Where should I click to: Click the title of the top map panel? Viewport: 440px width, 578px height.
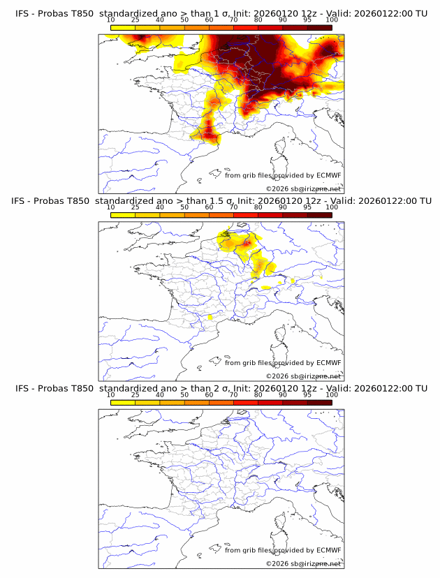[x=221, y=13]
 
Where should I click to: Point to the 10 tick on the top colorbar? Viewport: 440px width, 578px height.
[x=110, y=20]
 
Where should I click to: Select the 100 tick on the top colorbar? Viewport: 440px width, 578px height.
[x=332, y=20]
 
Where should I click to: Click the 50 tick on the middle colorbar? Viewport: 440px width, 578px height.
[x=184, y=207]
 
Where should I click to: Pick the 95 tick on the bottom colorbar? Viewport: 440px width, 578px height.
[x=307, y=395]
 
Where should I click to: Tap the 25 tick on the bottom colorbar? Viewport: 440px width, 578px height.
[x=135, y=395]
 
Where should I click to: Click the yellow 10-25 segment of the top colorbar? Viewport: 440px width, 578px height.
[x=122, y=27]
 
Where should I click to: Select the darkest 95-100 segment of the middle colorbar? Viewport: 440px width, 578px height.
[x=319, y=215]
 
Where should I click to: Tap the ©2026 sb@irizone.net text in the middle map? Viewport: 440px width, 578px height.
[x=303, y=376]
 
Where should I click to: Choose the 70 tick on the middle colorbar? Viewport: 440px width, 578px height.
[x=233, y=207]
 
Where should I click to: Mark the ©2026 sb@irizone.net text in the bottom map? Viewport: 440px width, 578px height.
[x=303, y=563]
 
